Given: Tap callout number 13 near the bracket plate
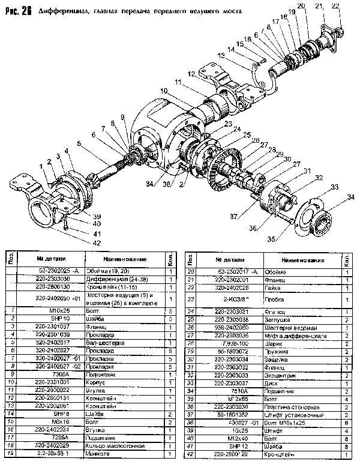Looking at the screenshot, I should click(221, 55).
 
